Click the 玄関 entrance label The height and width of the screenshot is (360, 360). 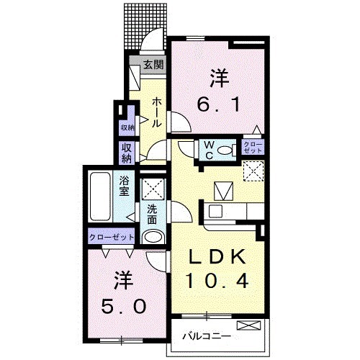click(153, 65)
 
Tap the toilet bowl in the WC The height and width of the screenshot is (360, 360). click(225, 150)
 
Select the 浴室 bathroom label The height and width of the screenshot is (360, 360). click(125, 186)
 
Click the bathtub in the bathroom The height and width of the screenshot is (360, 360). click(99, 197)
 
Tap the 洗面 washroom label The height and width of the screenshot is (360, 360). click(152, 214)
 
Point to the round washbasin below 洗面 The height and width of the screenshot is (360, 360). click(152, 237)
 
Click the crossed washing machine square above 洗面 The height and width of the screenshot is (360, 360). click(152, 189)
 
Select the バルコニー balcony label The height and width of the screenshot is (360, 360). click(206, 336)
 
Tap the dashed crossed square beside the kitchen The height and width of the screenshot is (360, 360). click(252, 171)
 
